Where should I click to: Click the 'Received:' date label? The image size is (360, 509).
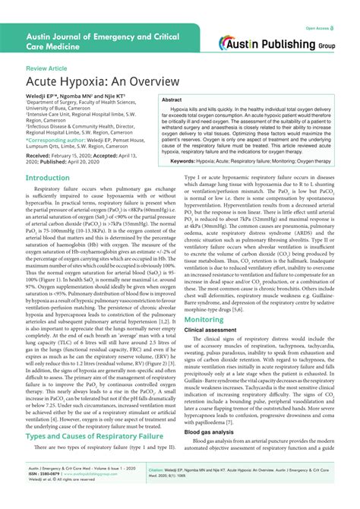43,155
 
